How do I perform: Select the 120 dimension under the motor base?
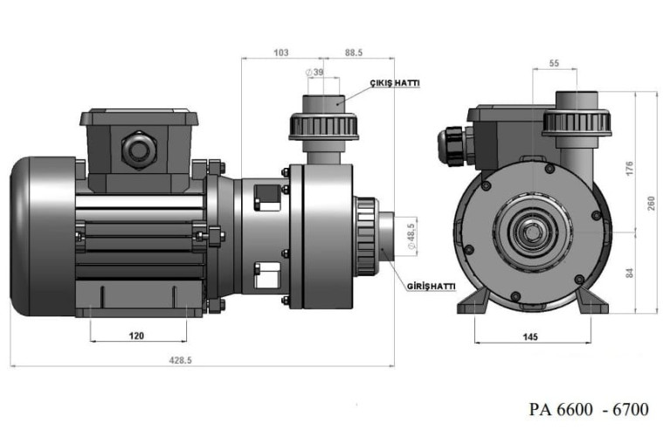[136, 336]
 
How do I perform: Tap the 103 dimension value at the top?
[280, 52]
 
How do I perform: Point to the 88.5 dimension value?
[355, 52]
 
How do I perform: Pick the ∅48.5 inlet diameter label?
[409, 236]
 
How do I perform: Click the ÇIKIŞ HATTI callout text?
[395, 83]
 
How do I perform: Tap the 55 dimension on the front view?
[554, 64]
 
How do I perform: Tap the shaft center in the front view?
[531, 231]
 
